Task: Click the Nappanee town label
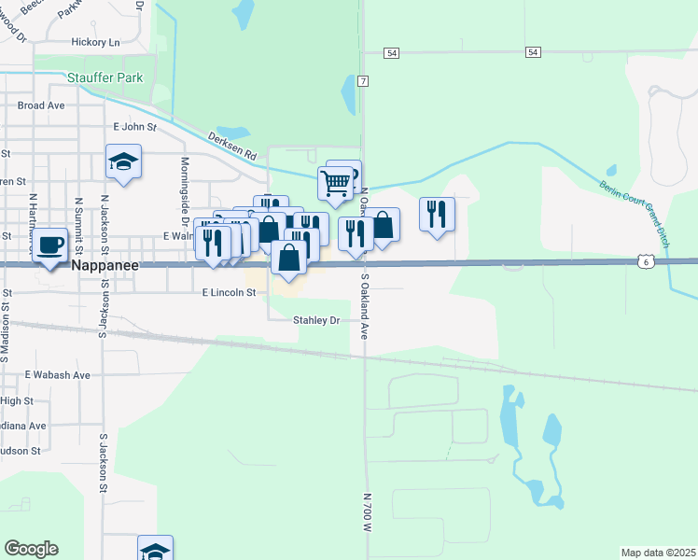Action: (105, 266)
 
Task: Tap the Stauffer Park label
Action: (105, 77)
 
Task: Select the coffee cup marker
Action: (52, 245)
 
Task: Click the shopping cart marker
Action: (335, 182)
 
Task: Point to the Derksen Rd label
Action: (232, 146)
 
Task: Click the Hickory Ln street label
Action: (96, 43)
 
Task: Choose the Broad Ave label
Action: (41, 105)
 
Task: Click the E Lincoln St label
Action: (229, 292)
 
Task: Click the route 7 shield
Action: (363, 81)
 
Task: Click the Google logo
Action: (31, 549)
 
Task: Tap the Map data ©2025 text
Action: (657, 553)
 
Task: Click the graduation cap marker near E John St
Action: (123, 162)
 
